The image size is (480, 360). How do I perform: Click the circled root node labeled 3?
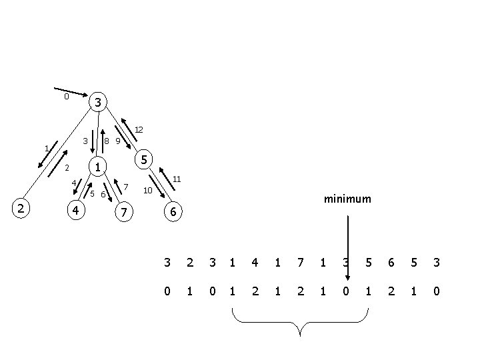tap(97, 103)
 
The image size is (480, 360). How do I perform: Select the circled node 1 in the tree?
tap(97, 167)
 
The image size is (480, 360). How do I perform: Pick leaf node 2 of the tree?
tap(21, 209)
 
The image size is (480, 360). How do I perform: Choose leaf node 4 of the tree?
tap(77, 211)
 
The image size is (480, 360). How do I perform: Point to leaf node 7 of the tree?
tap(123, 213)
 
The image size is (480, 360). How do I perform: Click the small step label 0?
tap(66, 97)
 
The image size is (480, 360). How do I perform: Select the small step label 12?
tap(139, 129)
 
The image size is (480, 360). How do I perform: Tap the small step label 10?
tap(148, 191)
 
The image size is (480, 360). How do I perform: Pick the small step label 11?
tap(177, 179)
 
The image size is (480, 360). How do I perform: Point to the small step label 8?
tap(107, 141)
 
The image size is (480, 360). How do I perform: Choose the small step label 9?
tap(117, 141)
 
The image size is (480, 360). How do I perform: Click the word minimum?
tap(347, 199)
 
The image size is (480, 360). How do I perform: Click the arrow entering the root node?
tap(71, 92)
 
